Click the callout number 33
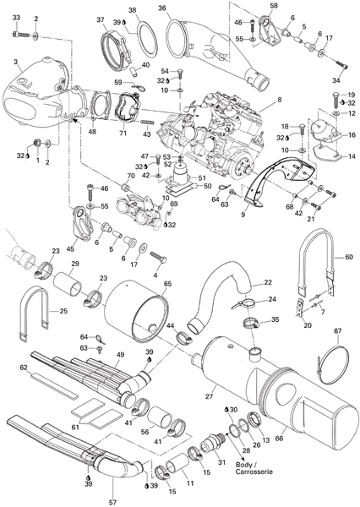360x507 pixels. click(16, 19)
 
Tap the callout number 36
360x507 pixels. click(162, 8)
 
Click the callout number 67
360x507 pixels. click(338, 330)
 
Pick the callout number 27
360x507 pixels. click(210, 395)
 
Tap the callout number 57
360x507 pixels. click(112, 502)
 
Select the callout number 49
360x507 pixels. click(120, 355)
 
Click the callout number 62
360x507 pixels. click(24, 368)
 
